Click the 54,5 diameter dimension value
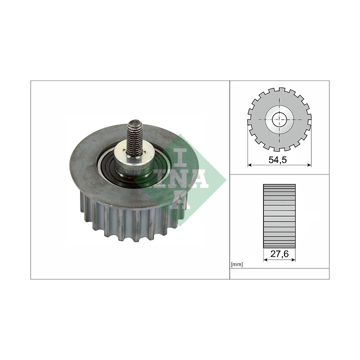277,160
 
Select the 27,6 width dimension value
279,254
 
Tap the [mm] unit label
237,264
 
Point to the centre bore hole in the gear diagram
279,119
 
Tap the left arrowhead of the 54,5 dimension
250,165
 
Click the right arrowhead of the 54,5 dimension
309,165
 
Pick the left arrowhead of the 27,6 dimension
265,259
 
